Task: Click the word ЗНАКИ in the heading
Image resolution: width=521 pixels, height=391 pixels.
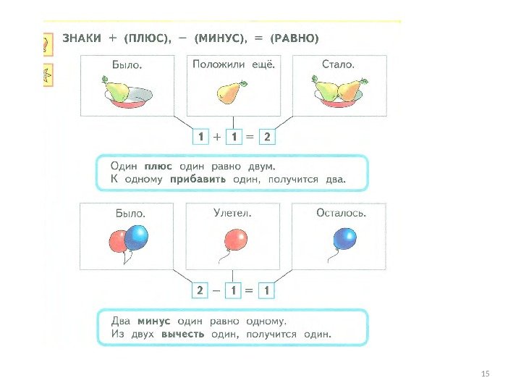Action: (x=81, y=38)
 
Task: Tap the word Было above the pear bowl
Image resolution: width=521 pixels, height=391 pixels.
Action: (x=126, y=64)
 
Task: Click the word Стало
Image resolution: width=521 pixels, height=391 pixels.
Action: (x=338, y=64)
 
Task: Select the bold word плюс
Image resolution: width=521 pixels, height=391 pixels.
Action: (x=158, y=166)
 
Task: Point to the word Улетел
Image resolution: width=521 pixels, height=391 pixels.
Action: (x=232, y=213)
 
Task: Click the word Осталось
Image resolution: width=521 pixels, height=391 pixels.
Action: (x=341, y=213)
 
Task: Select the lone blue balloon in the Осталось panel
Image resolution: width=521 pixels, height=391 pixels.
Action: (x=344, y=238)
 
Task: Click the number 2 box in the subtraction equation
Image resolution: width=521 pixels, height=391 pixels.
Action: (x=198, y=290)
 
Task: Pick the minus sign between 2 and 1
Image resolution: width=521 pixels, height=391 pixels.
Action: (x=216, y=290)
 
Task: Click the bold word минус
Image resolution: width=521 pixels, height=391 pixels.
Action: (x=153, y=321)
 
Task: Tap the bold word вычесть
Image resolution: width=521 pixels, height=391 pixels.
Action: (x=182, y=335)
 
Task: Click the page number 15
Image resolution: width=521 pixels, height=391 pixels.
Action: (x=486, y=373)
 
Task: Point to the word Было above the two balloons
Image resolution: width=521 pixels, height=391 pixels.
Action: (x=131, y=214)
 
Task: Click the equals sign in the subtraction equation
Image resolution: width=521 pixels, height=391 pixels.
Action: (x=250, y=290)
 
